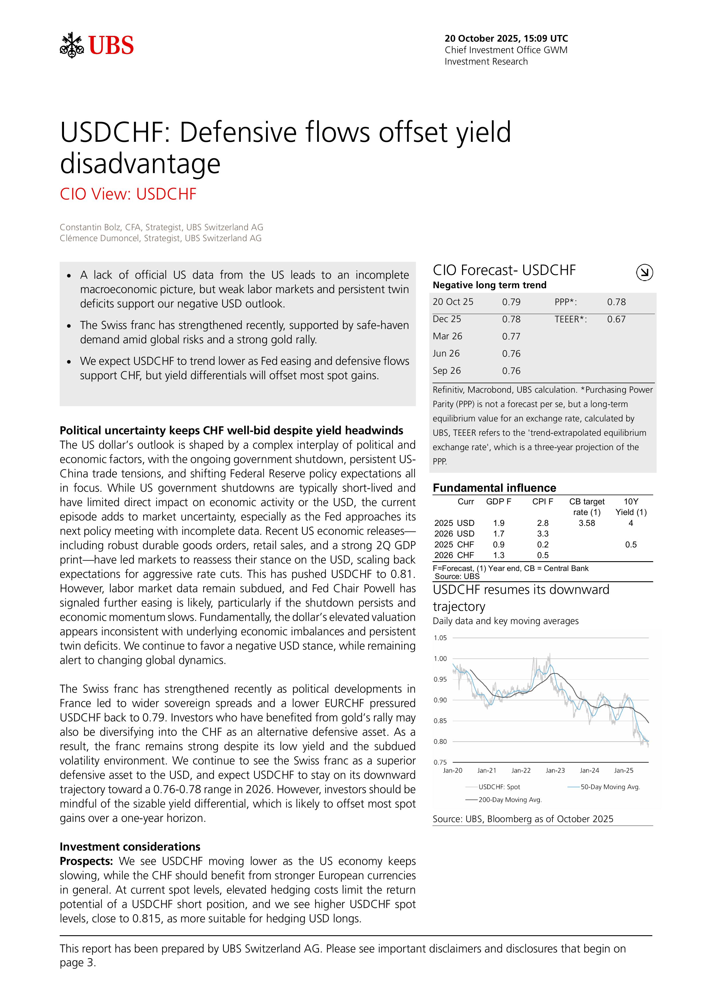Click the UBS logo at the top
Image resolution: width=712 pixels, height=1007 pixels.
pyautogui.click(x=97, y=45)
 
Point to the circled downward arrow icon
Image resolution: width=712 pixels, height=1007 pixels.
pyautogui.click(x=644, y=272)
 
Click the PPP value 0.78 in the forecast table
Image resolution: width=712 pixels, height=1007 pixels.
pyautogui.click(x=616, y=302)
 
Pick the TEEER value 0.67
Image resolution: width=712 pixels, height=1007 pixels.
pyautogui.click(x=616, y=319)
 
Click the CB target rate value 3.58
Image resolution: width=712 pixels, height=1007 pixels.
pyautogui.click(x=587, y=523)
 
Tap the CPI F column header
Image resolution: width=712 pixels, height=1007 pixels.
pyautogui.click(x=542, y=501)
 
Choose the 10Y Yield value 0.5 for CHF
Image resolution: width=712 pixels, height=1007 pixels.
pyautogui.click(x=630, y=544)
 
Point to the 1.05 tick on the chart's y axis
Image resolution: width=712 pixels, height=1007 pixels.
pyautogui.click(x=440, y=638)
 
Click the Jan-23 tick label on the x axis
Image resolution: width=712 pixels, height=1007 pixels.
pyautogui.click(x=555, y=770)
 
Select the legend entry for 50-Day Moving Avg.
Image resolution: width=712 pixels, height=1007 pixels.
pyautogui.click(x=610, y=787)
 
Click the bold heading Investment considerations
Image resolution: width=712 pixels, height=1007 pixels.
pyautogui.click(x=130, y=847)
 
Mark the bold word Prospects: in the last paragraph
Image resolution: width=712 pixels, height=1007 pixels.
pyautogui.click(x=86, y=861)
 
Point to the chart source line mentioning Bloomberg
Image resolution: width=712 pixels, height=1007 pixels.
pyautogui.click(x=523, y=819)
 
